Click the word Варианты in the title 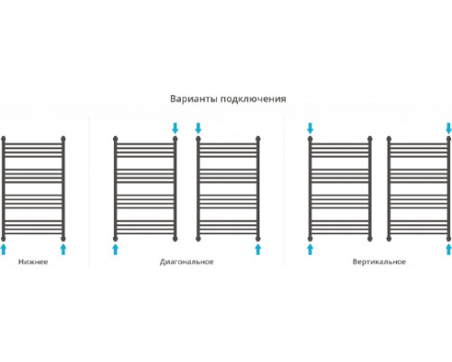pos(193,99)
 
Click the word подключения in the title pos(253,100)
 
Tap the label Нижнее pos(33,262)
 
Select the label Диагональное pos(187,262)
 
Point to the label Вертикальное pos(380,262)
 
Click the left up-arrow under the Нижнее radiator pos(4,250)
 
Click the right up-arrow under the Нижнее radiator pos(63,250)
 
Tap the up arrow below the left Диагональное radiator pos(116,250)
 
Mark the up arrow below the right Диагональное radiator pos(258,250)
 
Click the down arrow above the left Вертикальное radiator pos(310,128)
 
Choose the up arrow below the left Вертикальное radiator pos(310,250)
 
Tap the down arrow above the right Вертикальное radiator pos(448,128)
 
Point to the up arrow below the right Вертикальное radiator pos(448,250)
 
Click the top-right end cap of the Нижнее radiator pos(63,139)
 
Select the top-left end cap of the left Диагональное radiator pos(116,139)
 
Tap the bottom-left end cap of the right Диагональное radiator pos(198,239)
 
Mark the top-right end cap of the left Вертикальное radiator pos(370,139)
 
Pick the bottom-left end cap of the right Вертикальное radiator pos(389,239)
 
